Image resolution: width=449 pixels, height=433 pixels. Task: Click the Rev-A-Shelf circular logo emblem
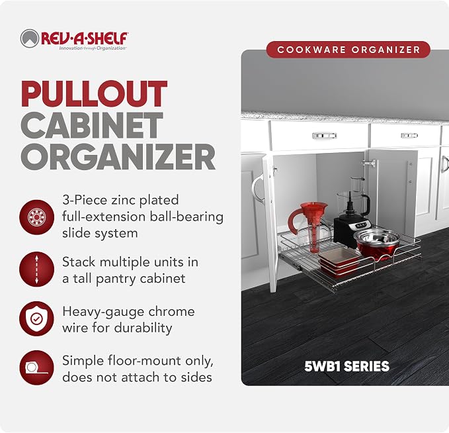(30, 38)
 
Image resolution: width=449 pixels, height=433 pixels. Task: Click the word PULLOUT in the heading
(94, 94)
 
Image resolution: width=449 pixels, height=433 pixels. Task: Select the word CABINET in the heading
(92, 125)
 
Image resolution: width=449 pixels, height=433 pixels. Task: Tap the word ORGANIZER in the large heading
(118, 157)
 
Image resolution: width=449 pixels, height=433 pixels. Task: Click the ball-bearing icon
(36, 217)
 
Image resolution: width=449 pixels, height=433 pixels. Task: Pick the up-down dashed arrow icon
(36, 269)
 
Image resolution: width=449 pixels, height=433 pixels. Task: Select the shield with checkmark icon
(36, 319)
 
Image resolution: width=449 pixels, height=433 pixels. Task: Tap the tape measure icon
(36, 368)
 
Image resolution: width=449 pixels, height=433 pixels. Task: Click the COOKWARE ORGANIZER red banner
(348, 50)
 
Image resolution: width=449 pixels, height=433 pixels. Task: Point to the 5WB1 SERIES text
(347, 366)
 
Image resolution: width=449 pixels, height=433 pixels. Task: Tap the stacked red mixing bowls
(377, 244)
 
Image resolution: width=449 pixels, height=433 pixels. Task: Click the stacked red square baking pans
(339, 262)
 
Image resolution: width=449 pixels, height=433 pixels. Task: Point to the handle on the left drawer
(325, 135)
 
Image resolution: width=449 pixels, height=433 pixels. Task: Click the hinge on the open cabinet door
(369, 163)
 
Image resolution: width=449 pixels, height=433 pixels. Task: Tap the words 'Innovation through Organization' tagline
(93, 48)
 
